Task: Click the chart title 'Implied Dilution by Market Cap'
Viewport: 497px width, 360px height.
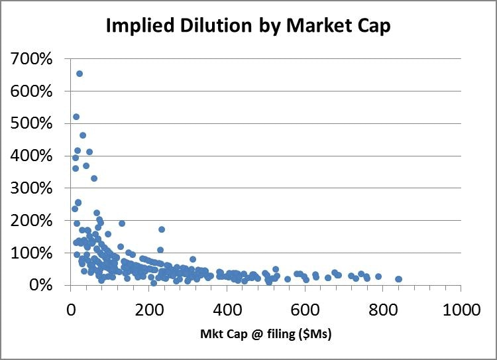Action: pos(248,27)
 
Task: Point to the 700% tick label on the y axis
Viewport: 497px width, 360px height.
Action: pos(32,59)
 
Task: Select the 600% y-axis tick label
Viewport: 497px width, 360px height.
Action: pos(32,91)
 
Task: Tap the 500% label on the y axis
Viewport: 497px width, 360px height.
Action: pos(32,123)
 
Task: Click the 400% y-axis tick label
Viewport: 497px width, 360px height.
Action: pos(32,156)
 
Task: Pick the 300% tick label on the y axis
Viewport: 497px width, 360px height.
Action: pos(32,188)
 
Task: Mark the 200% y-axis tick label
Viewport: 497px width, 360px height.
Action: pos(32,220)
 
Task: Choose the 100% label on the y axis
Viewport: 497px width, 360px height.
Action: pos(32,253)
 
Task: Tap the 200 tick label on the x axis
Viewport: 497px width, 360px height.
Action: pos(148,309)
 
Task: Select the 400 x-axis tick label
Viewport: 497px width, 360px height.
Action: pos(227,309)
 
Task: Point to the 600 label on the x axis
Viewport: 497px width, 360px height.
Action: pos(305,309)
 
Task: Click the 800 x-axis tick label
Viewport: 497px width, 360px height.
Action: pos(383,309)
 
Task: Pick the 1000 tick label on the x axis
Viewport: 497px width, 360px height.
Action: pos(461,309)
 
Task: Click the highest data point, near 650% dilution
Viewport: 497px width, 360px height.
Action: pos(80,74)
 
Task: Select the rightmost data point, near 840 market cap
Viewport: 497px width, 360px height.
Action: pos(398,279)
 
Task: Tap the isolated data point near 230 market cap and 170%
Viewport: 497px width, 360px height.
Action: pos(161,229)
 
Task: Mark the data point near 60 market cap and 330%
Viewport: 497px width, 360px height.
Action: pos(94,178)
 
